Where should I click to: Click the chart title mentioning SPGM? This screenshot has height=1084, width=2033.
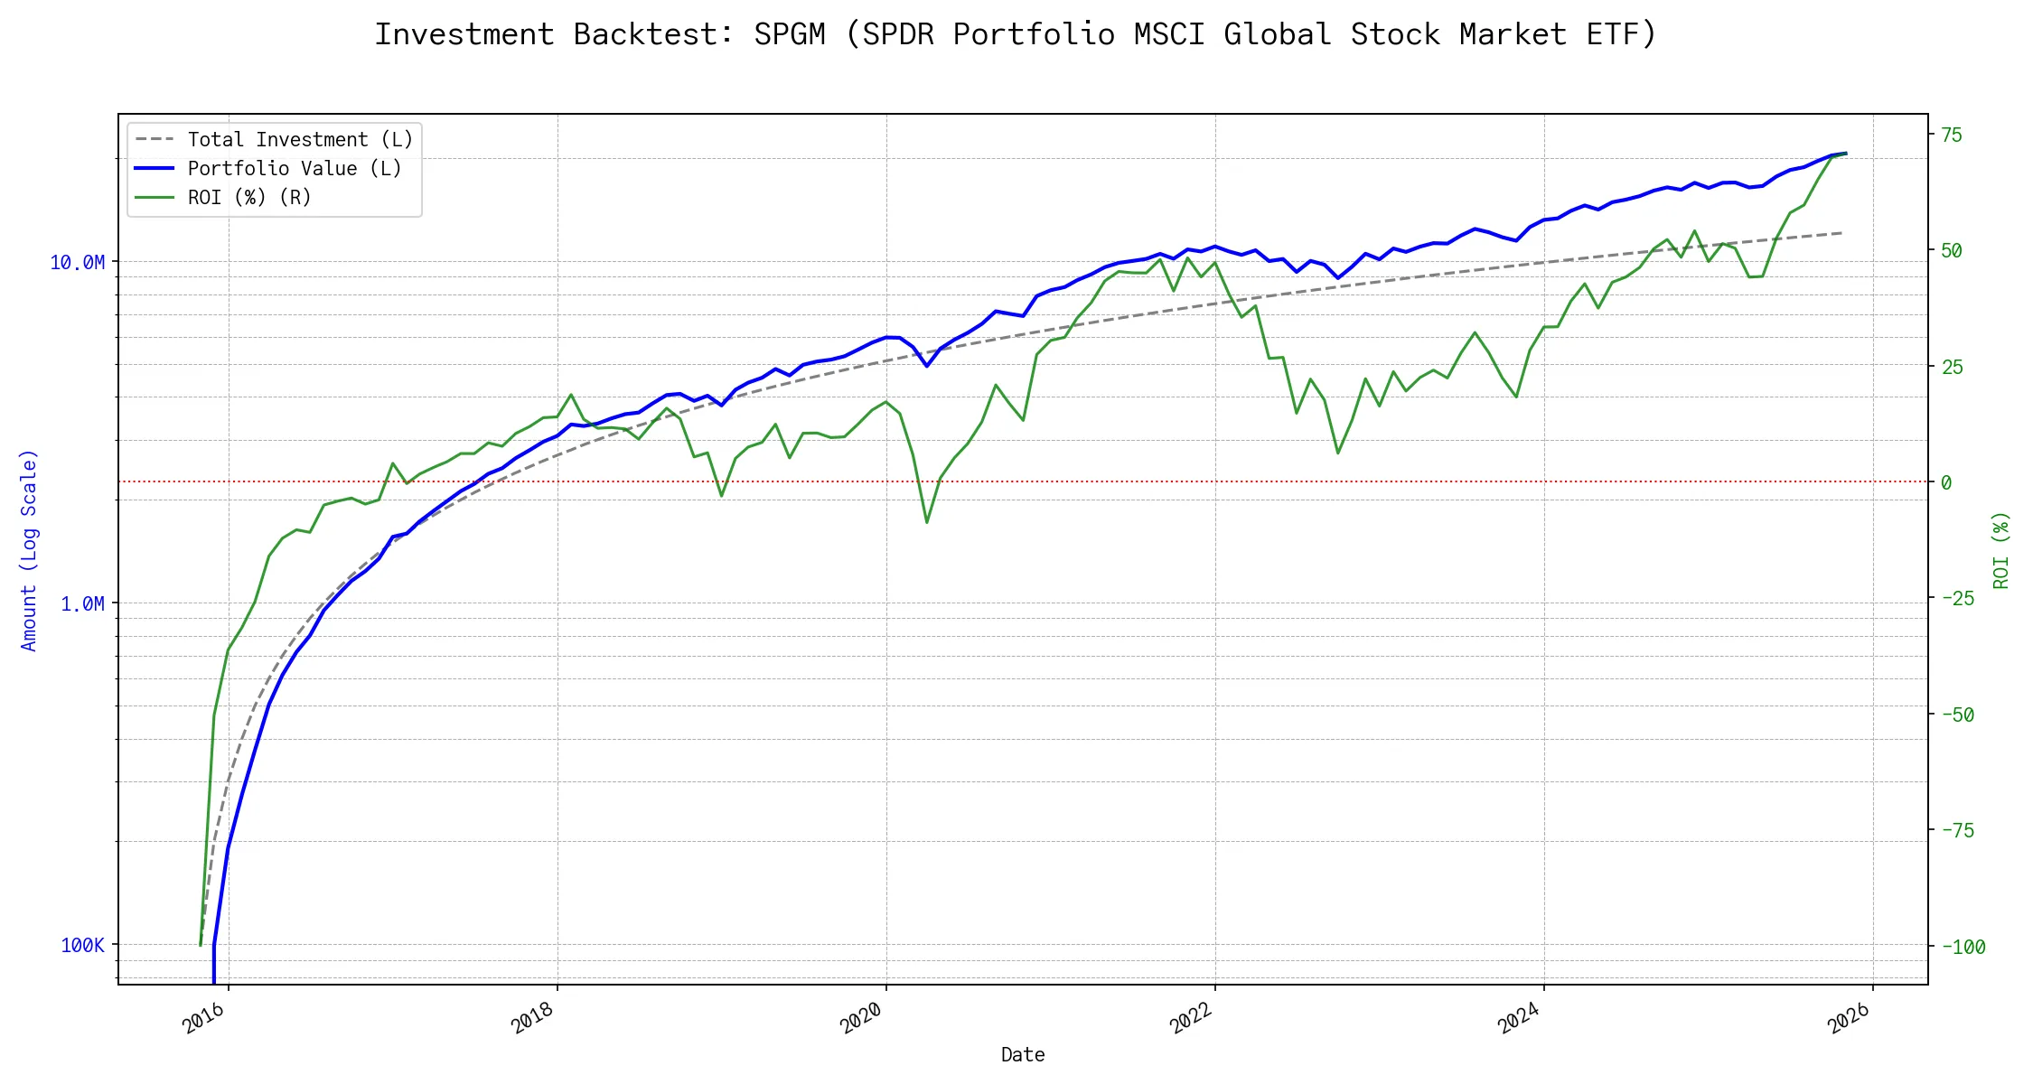click(1016, 34)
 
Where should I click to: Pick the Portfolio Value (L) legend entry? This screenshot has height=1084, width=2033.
click(295, 169)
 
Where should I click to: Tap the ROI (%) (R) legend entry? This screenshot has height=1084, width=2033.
click(249, 198)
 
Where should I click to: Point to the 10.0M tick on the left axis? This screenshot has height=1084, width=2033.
click(78, 263)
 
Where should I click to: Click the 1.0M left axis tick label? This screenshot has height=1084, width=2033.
click(82, 604)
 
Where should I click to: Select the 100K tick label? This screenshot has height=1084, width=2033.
click(82, 946)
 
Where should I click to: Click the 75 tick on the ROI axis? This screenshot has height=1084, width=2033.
click(1952, 135)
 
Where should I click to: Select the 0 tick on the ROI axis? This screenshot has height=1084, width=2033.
click(1946, 483)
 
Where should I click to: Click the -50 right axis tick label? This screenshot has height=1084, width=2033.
click(1957, 715)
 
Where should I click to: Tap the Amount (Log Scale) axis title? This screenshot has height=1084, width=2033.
click(30, 550)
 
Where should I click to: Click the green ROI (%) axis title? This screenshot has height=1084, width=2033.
click(2001, 550)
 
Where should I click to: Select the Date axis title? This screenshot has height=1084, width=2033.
click(1023, 1055)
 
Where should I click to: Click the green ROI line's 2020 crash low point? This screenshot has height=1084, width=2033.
click(927, 522)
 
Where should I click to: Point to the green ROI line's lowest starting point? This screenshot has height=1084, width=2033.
click(201, 946)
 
